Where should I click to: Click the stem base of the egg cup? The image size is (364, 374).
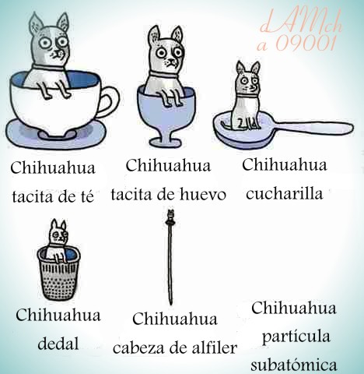(166, 141)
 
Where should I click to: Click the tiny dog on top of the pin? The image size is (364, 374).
(170, 215)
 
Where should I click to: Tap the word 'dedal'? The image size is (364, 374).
(58, 344)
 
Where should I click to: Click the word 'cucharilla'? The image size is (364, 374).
(285, 193)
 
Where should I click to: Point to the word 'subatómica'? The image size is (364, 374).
(294, 364)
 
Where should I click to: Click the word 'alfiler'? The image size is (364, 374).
(214, 348)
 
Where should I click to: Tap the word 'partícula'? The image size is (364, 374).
(296, 337)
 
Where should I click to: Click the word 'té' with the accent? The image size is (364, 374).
(86, 196)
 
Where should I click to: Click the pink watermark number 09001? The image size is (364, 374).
(306, 42)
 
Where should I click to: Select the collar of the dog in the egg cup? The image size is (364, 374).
(164, 75)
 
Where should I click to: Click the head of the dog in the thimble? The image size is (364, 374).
(59, 233)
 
